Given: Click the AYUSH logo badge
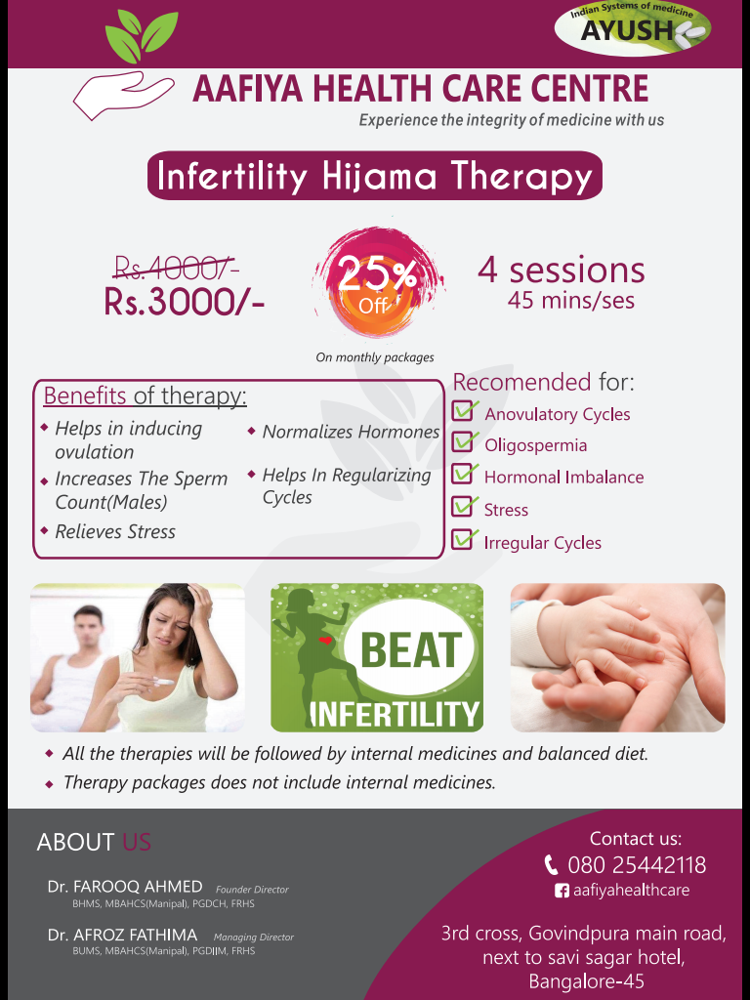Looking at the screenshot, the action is [633, 29].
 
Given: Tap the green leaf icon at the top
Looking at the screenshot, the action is [141, 36].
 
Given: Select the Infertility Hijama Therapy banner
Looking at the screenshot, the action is [375, 176].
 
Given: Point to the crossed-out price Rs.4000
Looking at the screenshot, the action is [176, 269].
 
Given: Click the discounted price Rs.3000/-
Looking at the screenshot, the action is [185, 301].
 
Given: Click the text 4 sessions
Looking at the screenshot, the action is [562, 270].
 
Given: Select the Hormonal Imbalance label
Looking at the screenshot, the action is [563, 477].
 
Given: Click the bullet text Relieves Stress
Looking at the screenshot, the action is [115, 531].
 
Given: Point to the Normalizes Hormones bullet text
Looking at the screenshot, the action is [351, 432].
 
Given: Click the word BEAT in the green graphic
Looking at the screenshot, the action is [411, 649].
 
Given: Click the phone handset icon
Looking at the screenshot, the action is [551, 865].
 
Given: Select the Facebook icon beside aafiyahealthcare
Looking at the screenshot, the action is [562, 891].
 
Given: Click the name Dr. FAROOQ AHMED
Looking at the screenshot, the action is [125, 887].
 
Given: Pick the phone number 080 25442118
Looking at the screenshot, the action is [637, 865].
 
